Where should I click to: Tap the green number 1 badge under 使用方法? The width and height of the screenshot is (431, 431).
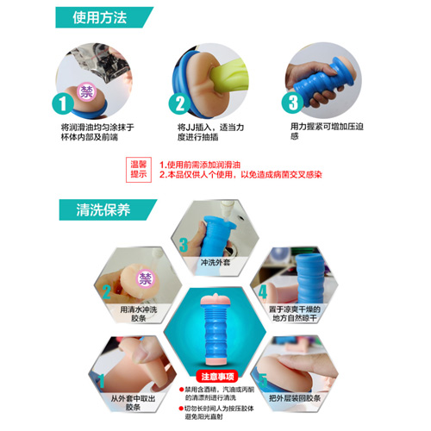coord(63,105)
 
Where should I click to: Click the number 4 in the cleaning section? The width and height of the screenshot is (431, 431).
coord(263,292)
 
